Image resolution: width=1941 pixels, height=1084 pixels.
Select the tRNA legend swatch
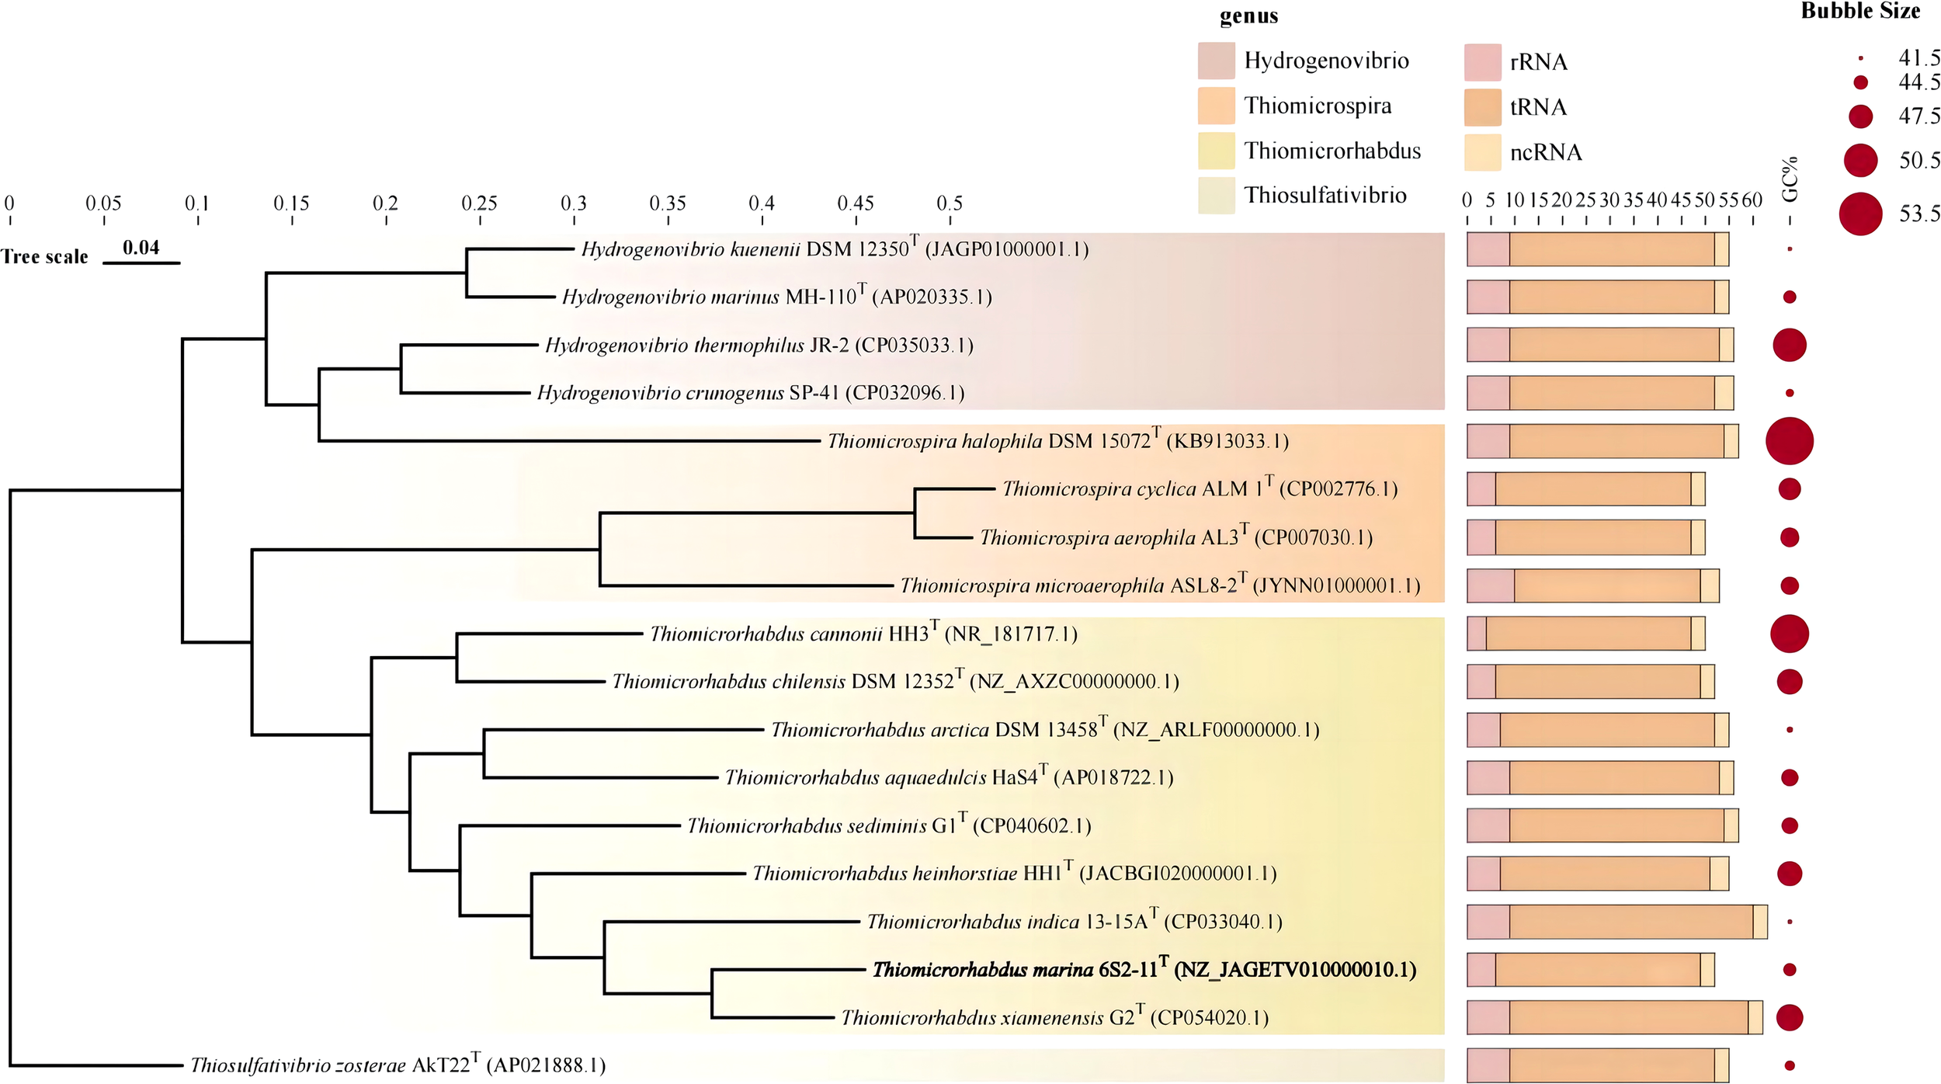coord(1482,107)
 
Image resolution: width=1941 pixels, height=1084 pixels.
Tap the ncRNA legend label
coord(1545,152)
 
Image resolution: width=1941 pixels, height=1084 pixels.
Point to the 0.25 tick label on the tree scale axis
coord(479,203)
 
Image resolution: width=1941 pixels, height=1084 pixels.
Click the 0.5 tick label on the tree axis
coord(949,203)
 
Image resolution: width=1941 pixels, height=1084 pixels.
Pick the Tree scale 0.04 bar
coord(141,262)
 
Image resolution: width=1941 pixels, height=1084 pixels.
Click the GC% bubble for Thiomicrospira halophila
coord(1789,441)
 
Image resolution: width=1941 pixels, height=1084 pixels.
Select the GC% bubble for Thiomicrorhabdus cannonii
coord(1789,634)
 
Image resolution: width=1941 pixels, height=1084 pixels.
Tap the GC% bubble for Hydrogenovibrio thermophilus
coord(1789,345)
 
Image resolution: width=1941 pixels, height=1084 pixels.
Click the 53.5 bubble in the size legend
coord(1860,214)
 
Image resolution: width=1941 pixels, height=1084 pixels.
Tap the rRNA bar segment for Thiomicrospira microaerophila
coord(1490,585)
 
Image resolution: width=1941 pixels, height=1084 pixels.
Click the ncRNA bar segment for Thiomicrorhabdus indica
coord(1760,922)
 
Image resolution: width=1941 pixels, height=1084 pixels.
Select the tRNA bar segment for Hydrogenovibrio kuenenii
coord(1612,249)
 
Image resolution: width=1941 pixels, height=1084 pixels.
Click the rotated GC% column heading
coord(1790,179)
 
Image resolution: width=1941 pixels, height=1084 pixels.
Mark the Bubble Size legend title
coord(1860,11)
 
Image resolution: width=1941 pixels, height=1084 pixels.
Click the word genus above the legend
coord(1248,16)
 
